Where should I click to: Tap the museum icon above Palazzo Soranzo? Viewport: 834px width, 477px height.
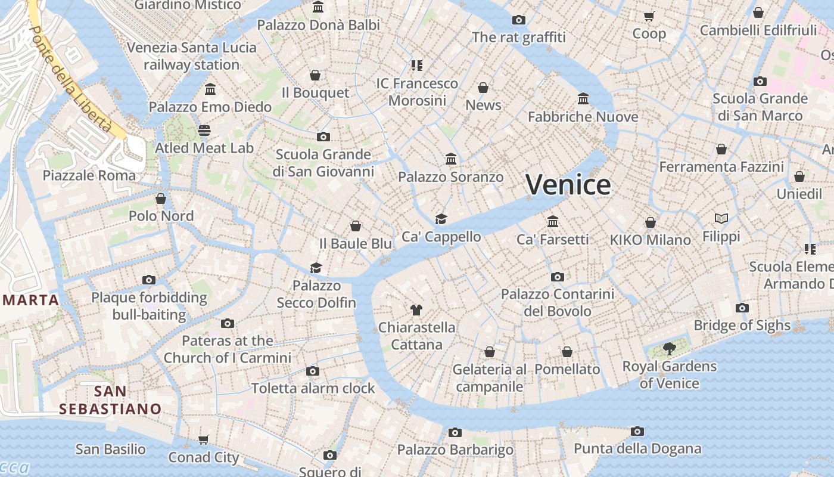click(x=451, y=159)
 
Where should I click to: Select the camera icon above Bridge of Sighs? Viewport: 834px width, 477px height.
click(x=742, y=308)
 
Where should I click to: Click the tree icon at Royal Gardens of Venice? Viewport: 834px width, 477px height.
click(x=669, y=349)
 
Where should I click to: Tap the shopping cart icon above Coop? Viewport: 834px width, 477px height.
click(x=649, y=16)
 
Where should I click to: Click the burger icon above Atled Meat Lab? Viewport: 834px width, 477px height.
click(x=204, y=130)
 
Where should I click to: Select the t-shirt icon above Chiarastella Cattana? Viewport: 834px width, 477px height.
click(x=416, y=309)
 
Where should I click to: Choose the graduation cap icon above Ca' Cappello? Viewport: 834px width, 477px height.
click(x=441, y=219)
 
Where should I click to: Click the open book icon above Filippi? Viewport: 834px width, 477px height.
click(x=721, y=219)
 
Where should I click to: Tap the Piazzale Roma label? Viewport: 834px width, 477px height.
click(x=89, y=175)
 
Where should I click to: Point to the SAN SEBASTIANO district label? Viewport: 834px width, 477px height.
click(x=110, y=400)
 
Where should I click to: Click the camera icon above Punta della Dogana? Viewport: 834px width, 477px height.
click(x=637, y=431)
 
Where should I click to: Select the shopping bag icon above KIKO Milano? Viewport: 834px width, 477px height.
click(x=651, y=222)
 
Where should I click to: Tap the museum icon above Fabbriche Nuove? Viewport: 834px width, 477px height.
click(x=583, y=98)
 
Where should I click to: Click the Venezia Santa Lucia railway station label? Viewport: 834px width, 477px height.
click(x=192, y=56)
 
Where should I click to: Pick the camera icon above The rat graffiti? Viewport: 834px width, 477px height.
click(x=519, y=20)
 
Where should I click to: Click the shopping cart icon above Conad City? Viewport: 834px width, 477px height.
click(x=204, y=440)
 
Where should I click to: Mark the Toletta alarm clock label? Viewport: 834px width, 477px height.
click(x=313, y=388)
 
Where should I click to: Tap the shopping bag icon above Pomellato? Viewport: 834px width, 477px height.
click(x=567, y=352)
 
